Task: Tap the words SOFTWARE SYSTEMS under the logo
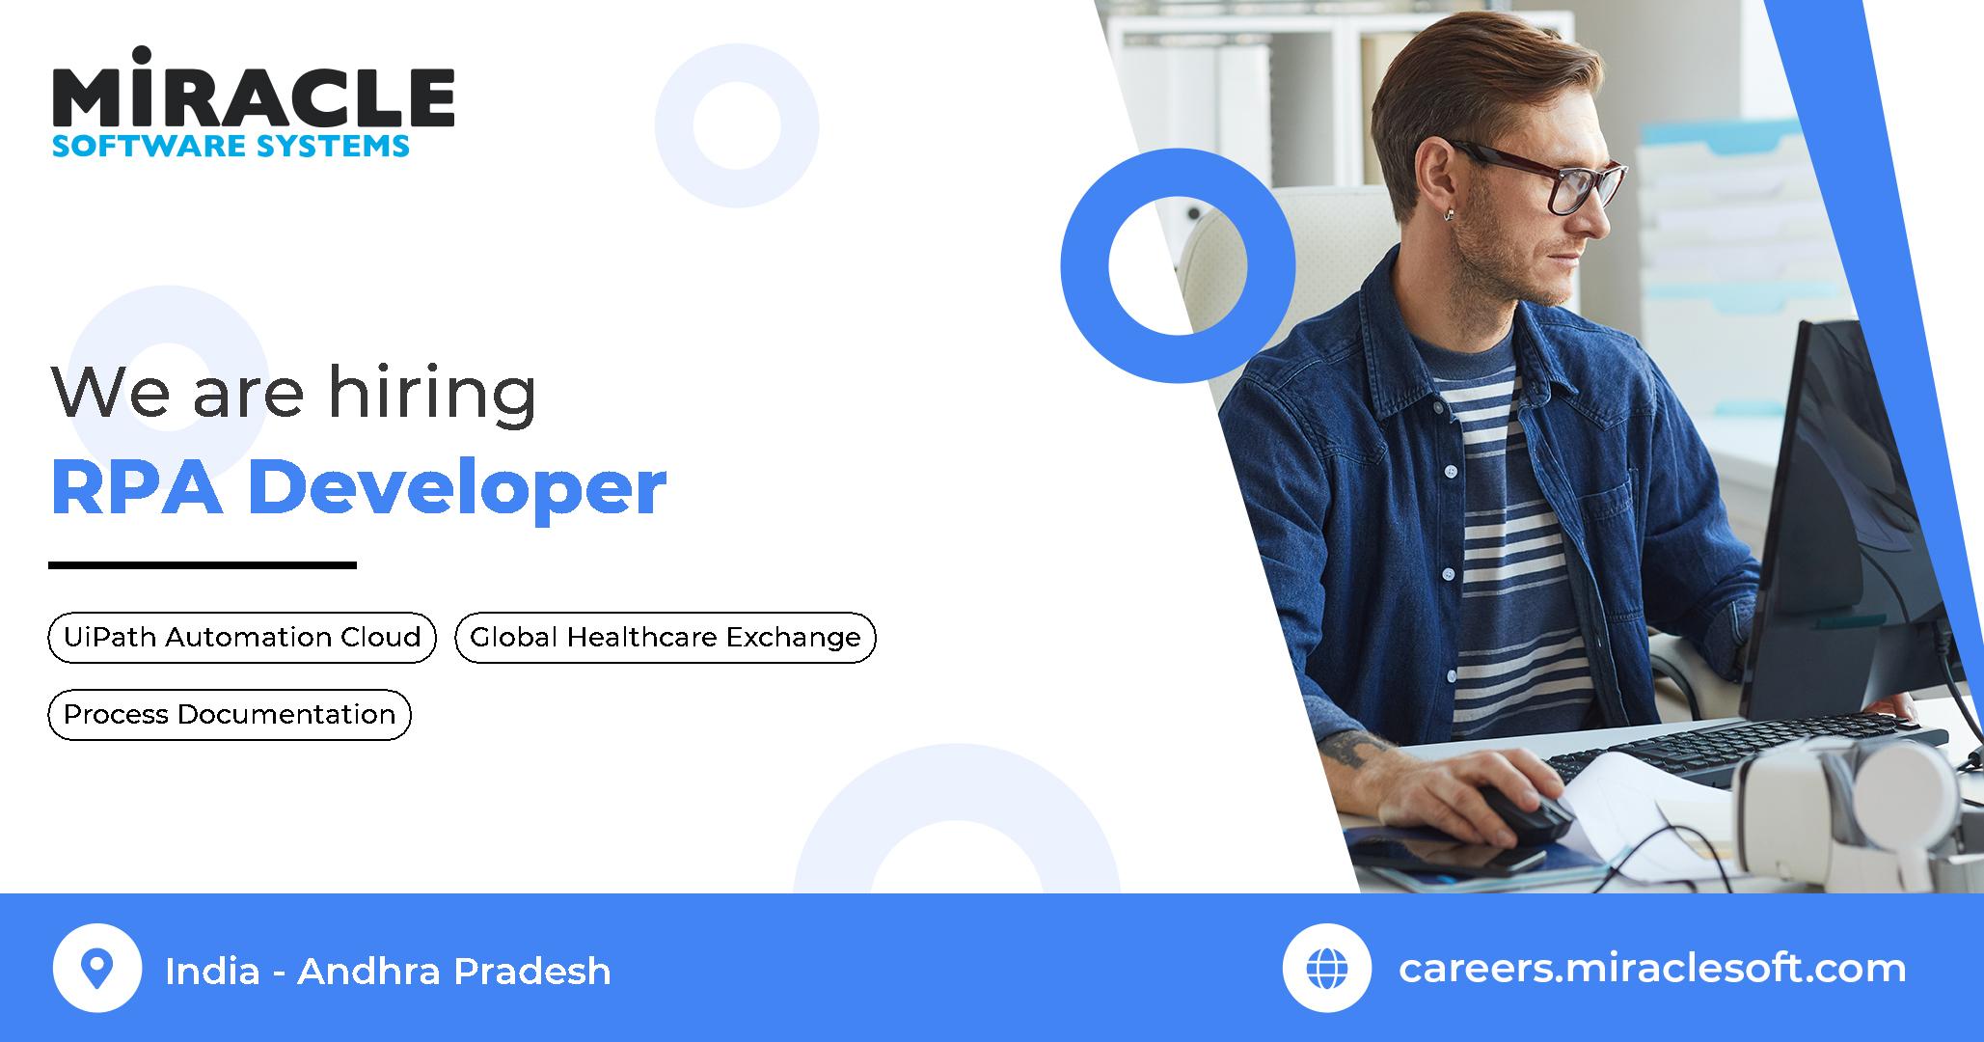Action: coord(231,146)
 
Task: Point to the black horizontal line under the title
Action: coord(203,565)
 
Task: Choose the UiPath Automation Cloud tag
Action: coord(242,638)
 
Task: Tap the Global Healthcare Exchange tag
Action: coord(665,638)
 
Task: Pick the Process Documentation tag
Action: coord(230,715)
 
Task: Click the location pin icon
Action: coord(96,968)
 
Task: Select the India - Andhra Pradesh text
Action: coord(388,971)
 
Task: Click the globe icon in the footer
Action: coord(1326,968)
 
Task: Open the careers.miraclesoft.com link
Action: coord(1651,968)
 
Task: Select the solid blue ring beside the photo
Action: coord(1178,265)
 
